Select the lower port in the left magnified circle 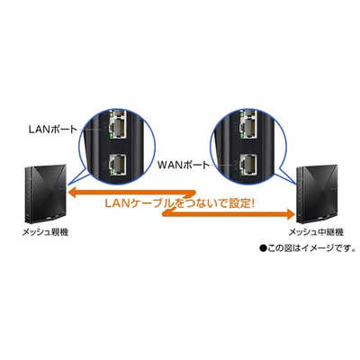tap(119, 164)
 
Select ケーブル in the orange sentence tap(155, 203)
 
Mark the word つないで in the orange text tap(200, 204)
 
